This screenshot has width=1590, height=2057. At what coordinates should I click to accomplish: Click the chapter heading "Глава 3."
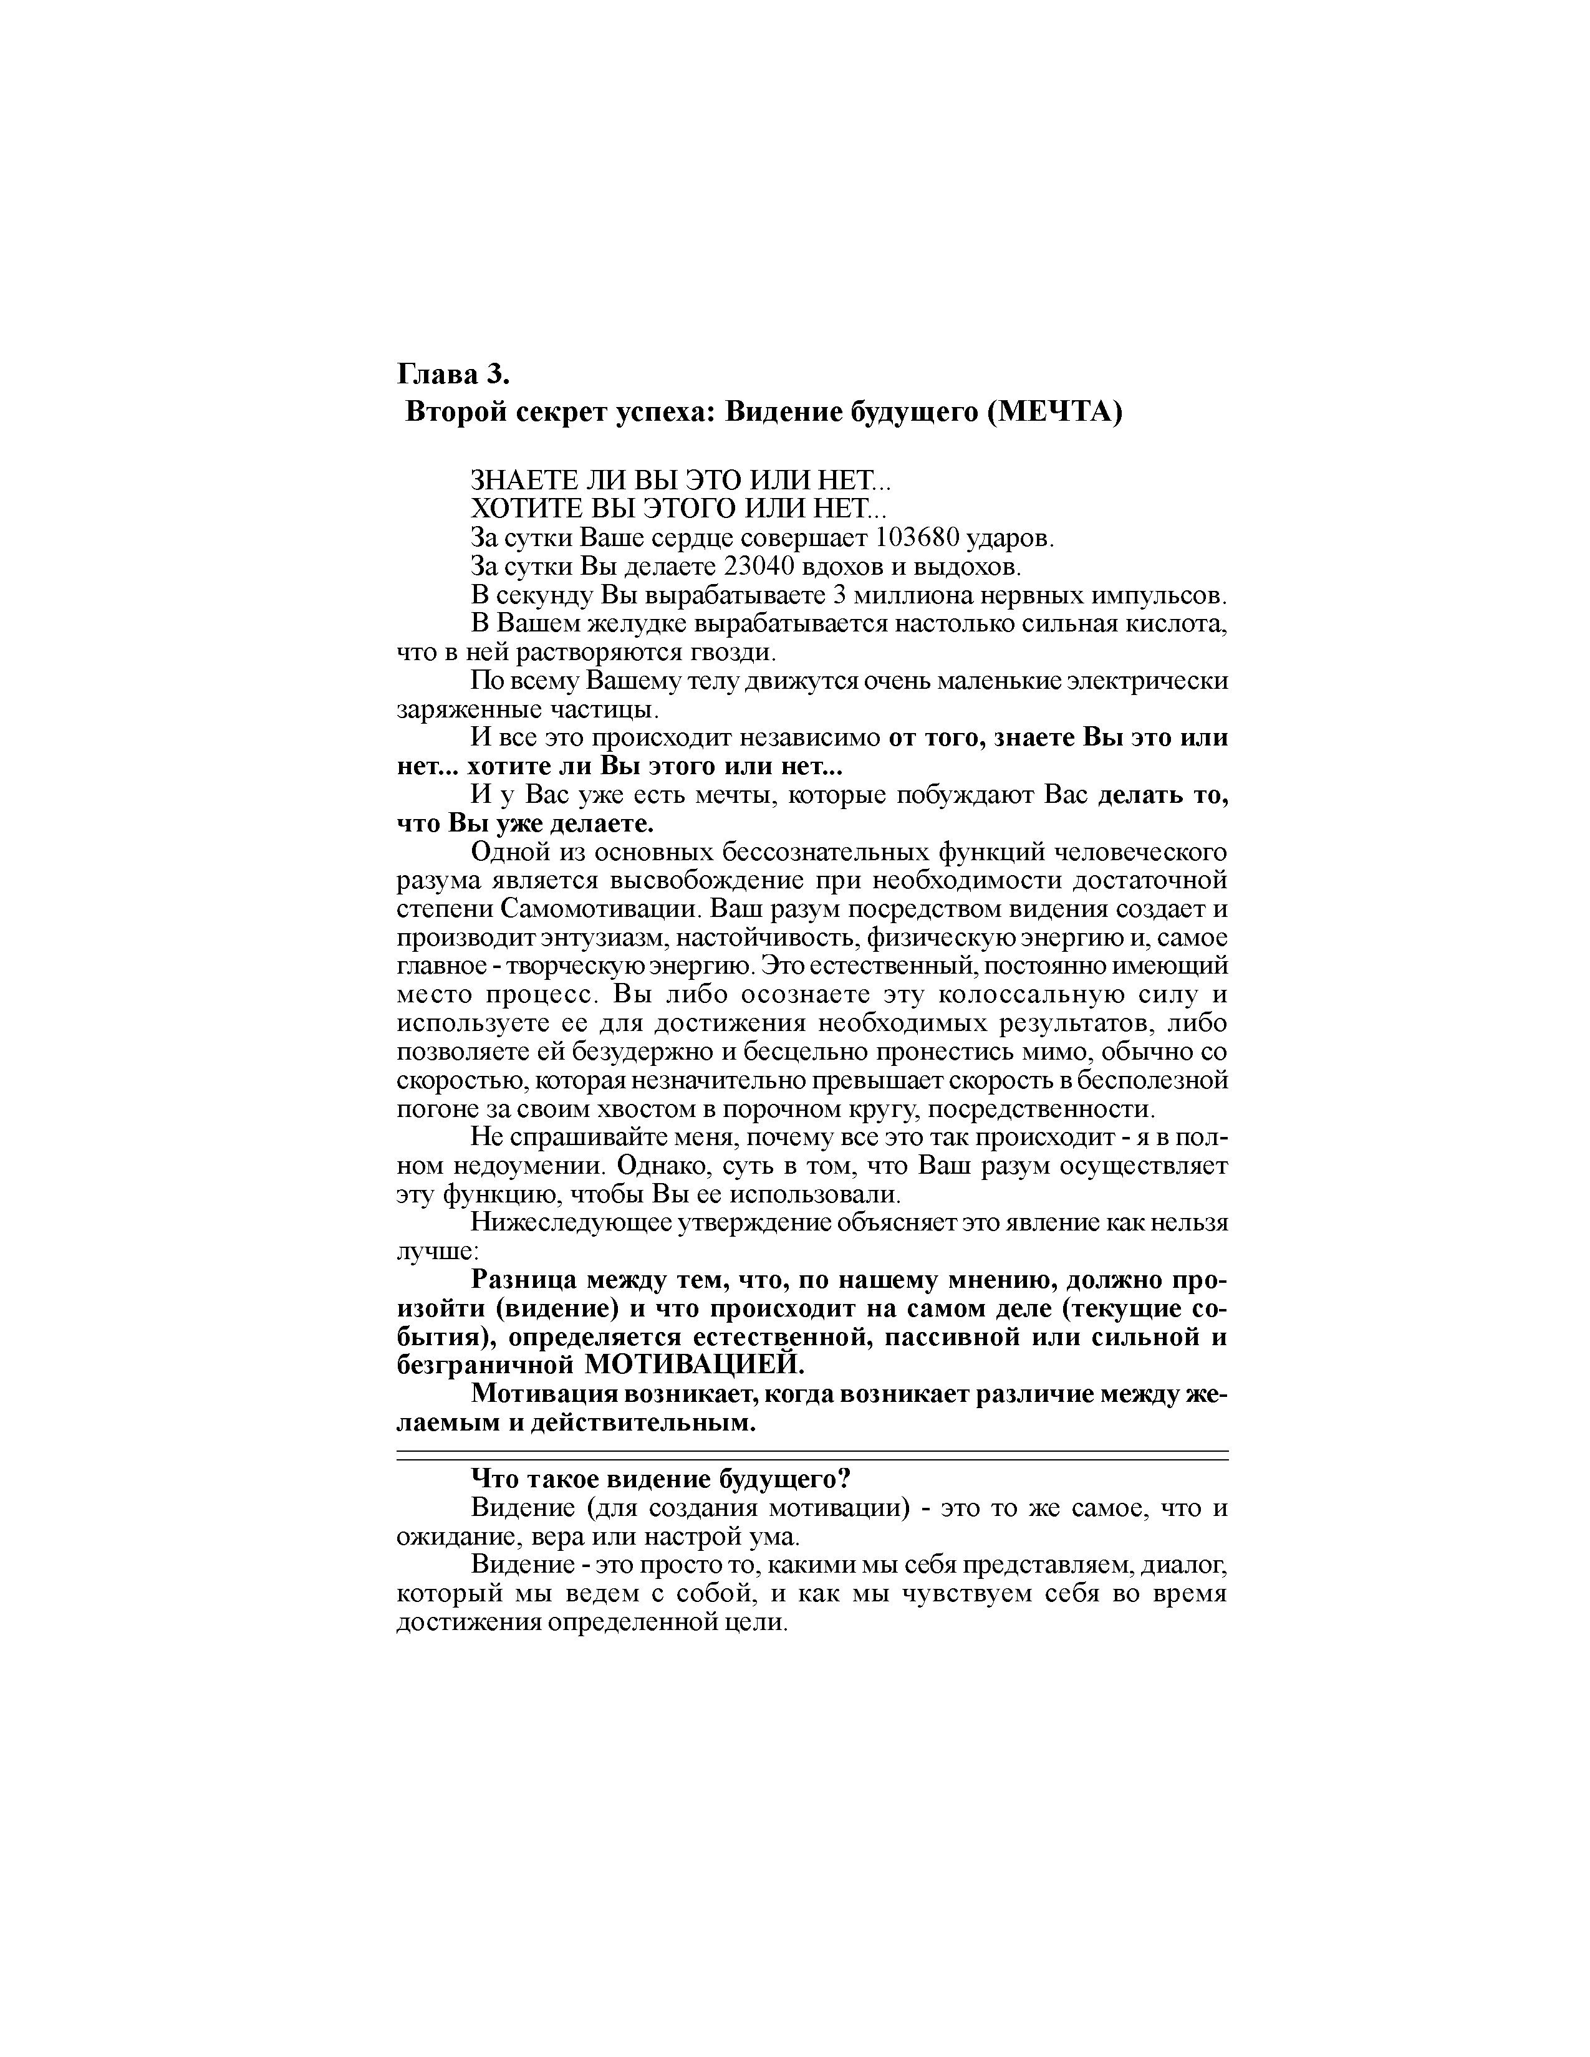(x=452, y=375)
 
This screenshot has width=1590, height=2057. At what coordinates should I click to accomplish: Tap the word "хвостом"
(x=649, y=1108)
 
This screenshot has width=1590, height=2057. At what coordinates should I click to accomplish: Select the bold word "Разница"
(x=524, y=1281)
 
